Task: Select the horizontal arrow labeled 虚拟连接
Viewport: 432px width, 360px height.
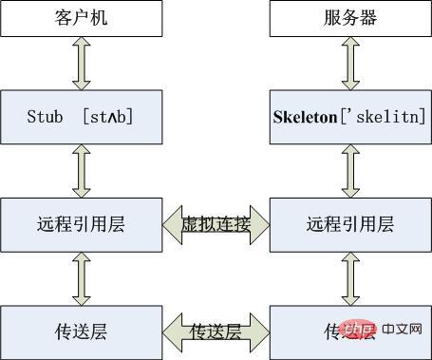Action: [216, 225]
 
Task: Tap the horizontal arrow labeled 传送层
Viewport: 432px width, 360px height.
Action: [216, 331]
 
